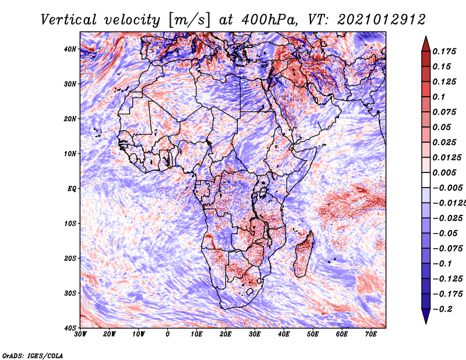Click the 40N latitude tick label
pos(70,49)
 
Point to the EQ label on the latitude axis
pos(72,189)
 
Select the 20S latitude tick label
pos(70,258)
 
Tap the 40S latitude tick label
pos(70,328)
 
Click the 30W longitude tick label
pos(80,334)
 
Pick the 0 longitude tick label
pos(168,334)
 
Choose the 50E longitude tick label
pos(313,334)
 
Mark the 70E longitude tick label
pos(371,334)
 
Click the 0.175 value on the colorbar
pos(444,51)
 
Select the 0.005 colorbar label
pos(444,172)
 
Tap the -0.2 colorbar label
pos(442,309)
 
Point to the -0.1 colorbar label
pos(442,263)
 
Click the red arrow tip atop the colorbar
pos(426,37)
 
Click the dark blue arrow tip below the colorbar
pos(426,323)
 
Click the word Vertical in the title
pos(69,20)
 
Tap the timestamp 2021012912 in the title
pos(382,20)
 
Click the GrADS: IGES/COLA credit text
pos(33,355)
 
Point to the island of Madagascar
pos(303,254)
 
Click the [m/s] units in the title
pos(189,20)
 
